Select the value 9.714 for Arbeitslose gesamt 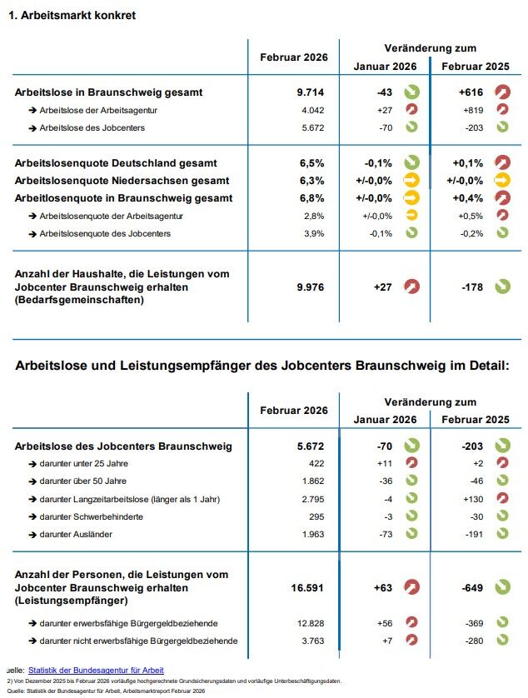pos(310,92)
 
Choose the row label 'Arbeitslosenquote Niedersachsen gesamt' pos(122,180)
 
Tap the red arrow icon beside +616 pos(502,92)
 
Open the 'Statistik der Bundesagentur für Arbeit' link pos(96,670)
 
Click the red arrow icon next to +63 pos(411,588)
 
